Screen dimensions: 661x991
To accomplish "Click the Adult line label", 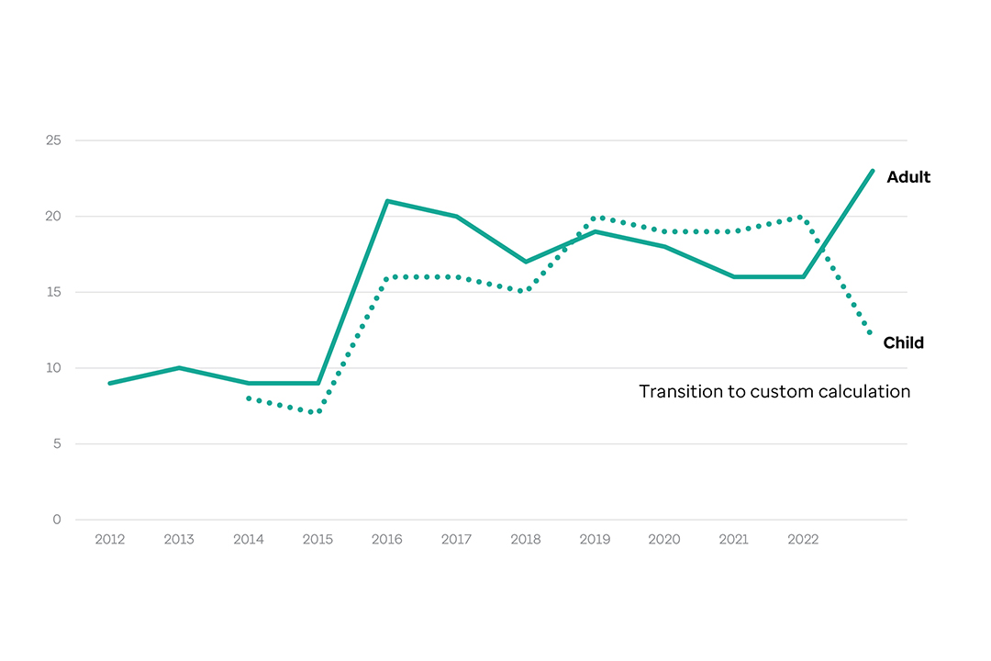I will [x=907, y=177].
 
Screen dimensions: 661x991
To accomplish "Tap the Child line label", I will [x=903, y=343].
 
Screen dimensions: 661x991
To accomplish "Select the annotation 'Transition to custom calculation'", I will [x=774, y=392].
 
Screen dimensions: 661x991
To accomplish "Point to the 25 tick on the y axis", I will [x=53, y=140].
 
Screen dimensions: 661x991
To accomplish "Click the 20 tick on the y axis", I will [x=53, y=217].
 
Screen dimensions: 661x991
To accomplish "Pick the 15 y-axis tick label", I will [x=53, y=292].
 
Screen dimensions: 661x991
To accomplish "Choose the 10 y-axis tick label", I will [x=53, y=368].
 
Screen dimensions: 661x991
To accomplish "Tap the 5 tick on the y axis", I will [x=56, y=444].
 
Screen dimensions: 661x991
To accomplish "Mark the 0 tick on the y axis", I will [x=56, y=520].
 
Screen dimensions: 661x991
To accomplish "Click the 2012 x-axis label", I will [x=109, y=540].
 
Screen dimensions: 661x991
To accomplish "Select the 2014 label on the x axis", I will [x=248, y=540].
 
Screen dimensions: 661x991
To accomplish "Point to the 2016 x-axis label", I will [x=387, y=540].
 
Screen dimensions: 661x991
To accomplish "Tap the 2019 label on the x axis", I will [x=596, y=540].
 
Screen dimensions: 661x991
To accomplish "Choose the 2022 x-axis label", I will [x=803, y=540].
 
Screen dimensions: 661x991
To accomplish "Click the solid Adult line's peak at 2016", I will [x=387, y=201].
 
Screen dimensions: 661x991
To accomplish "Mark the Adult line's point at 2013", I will [x=179, y=368].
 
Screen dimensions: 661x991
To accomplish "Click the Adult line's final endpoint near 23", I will [x=872, y=171].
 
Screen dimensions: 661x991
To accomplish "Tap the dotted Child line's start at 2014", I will [x=248, y=398].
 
